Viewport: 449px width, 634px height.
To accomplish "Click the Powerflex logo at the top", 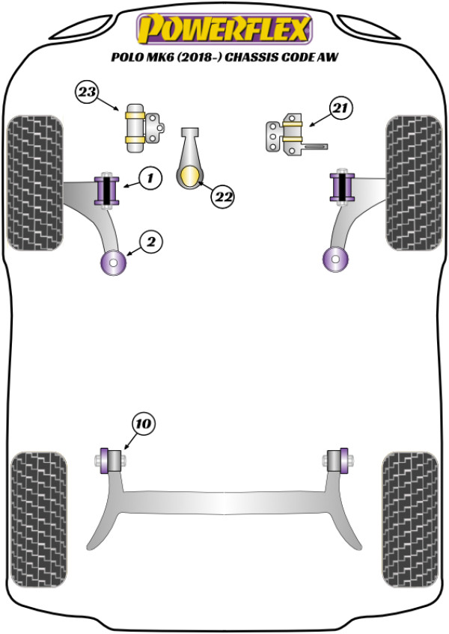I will (x=224, y=30).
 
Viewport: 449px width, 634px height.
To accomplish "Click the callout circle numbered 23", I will (x=87, y=93).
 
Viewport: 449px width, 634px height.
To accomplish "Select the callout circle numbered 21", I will (x=340, y=111).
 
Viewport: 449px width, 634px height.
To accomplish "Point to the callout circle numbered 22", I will (x=222, y=197).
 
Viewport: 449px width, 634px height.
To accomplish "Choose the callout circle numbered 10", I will (x=143, y=425).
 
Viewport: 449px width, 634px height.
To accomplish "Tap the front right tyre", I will (x=413, y=182).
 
